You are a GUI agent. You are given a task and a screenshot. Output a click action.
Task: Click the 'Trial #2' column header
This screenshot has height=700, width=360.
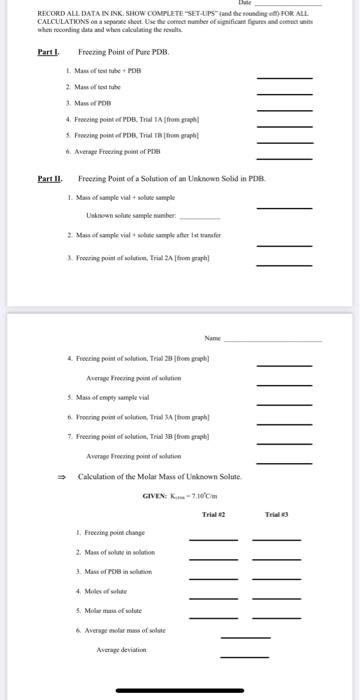point(215,516)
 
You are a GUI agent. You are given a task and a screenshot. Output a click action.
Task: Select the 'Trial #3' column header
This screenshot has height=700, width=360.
point(276,516)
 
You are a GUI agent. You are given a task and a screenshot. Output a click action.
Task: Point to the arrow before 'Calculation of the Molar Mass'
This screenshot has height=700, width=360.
point(60,477)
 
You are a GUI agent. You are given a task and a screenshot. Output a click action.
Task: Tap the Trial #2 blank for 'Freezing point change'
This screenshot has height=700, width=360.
point(214,540)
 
